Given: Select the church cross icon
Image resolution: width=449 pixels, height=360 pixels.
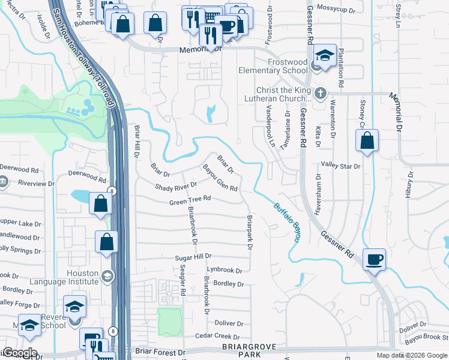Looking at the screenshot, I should tap(321, 93).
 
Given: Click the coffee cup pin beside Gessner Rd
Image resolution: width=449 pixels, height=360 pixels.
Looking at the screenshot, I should tap(374, 259).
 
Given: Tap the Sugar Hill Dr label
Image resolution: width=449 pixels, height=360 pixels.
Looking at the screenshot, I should tap(194, 257).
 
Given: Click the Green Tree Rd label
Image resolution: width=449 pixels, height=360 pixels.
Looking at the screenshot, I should tap(190, 199).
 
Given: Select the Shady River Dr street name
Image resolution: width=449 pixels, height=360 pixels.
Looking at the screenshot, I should tap(176, 187).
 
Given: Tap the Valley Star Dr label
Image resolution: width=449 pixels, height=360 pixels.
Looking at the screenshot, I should tap(340, 165).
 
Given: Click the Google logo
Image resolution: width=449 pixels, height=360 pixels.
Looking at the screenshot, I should tap(20, 353).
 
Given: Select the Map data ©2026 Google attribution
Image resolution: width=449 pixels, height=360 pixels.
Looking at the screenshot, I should tap(411, 355).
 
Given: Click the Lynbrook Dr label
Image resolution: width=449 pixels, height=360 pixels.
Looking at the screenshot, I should tap(224, 271).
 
